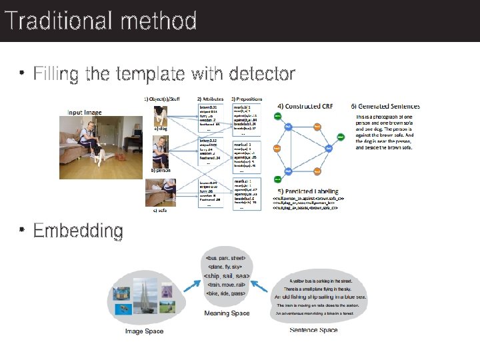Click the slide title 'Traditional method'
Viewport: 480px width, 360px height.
pos(100,21)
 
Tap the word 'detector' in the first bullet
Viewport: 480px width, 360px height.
pos(261,73)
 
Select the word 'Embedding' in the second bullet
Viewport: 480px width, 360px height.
pos(78,231)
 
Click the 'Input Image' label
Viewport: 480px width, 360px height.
pos(84,113)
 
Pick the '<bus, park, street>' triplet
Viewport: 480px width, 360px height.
pos(227,257)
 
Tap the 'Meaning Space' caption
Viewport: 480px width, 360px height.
pos(227,313)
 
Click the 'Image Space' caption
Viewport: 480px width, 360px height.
pos(144,331)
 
